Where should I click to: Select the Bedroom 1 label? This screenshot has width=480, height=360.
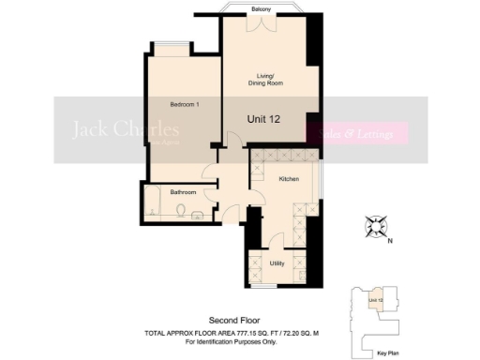coord(185,104)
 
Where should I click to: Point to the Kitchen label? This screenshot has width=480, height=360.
coord(288,177)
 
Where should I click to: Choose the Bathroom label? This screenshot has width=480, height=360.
coord(183,192)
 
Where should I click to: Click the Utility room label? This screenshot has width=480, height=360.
coord(277,263)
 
